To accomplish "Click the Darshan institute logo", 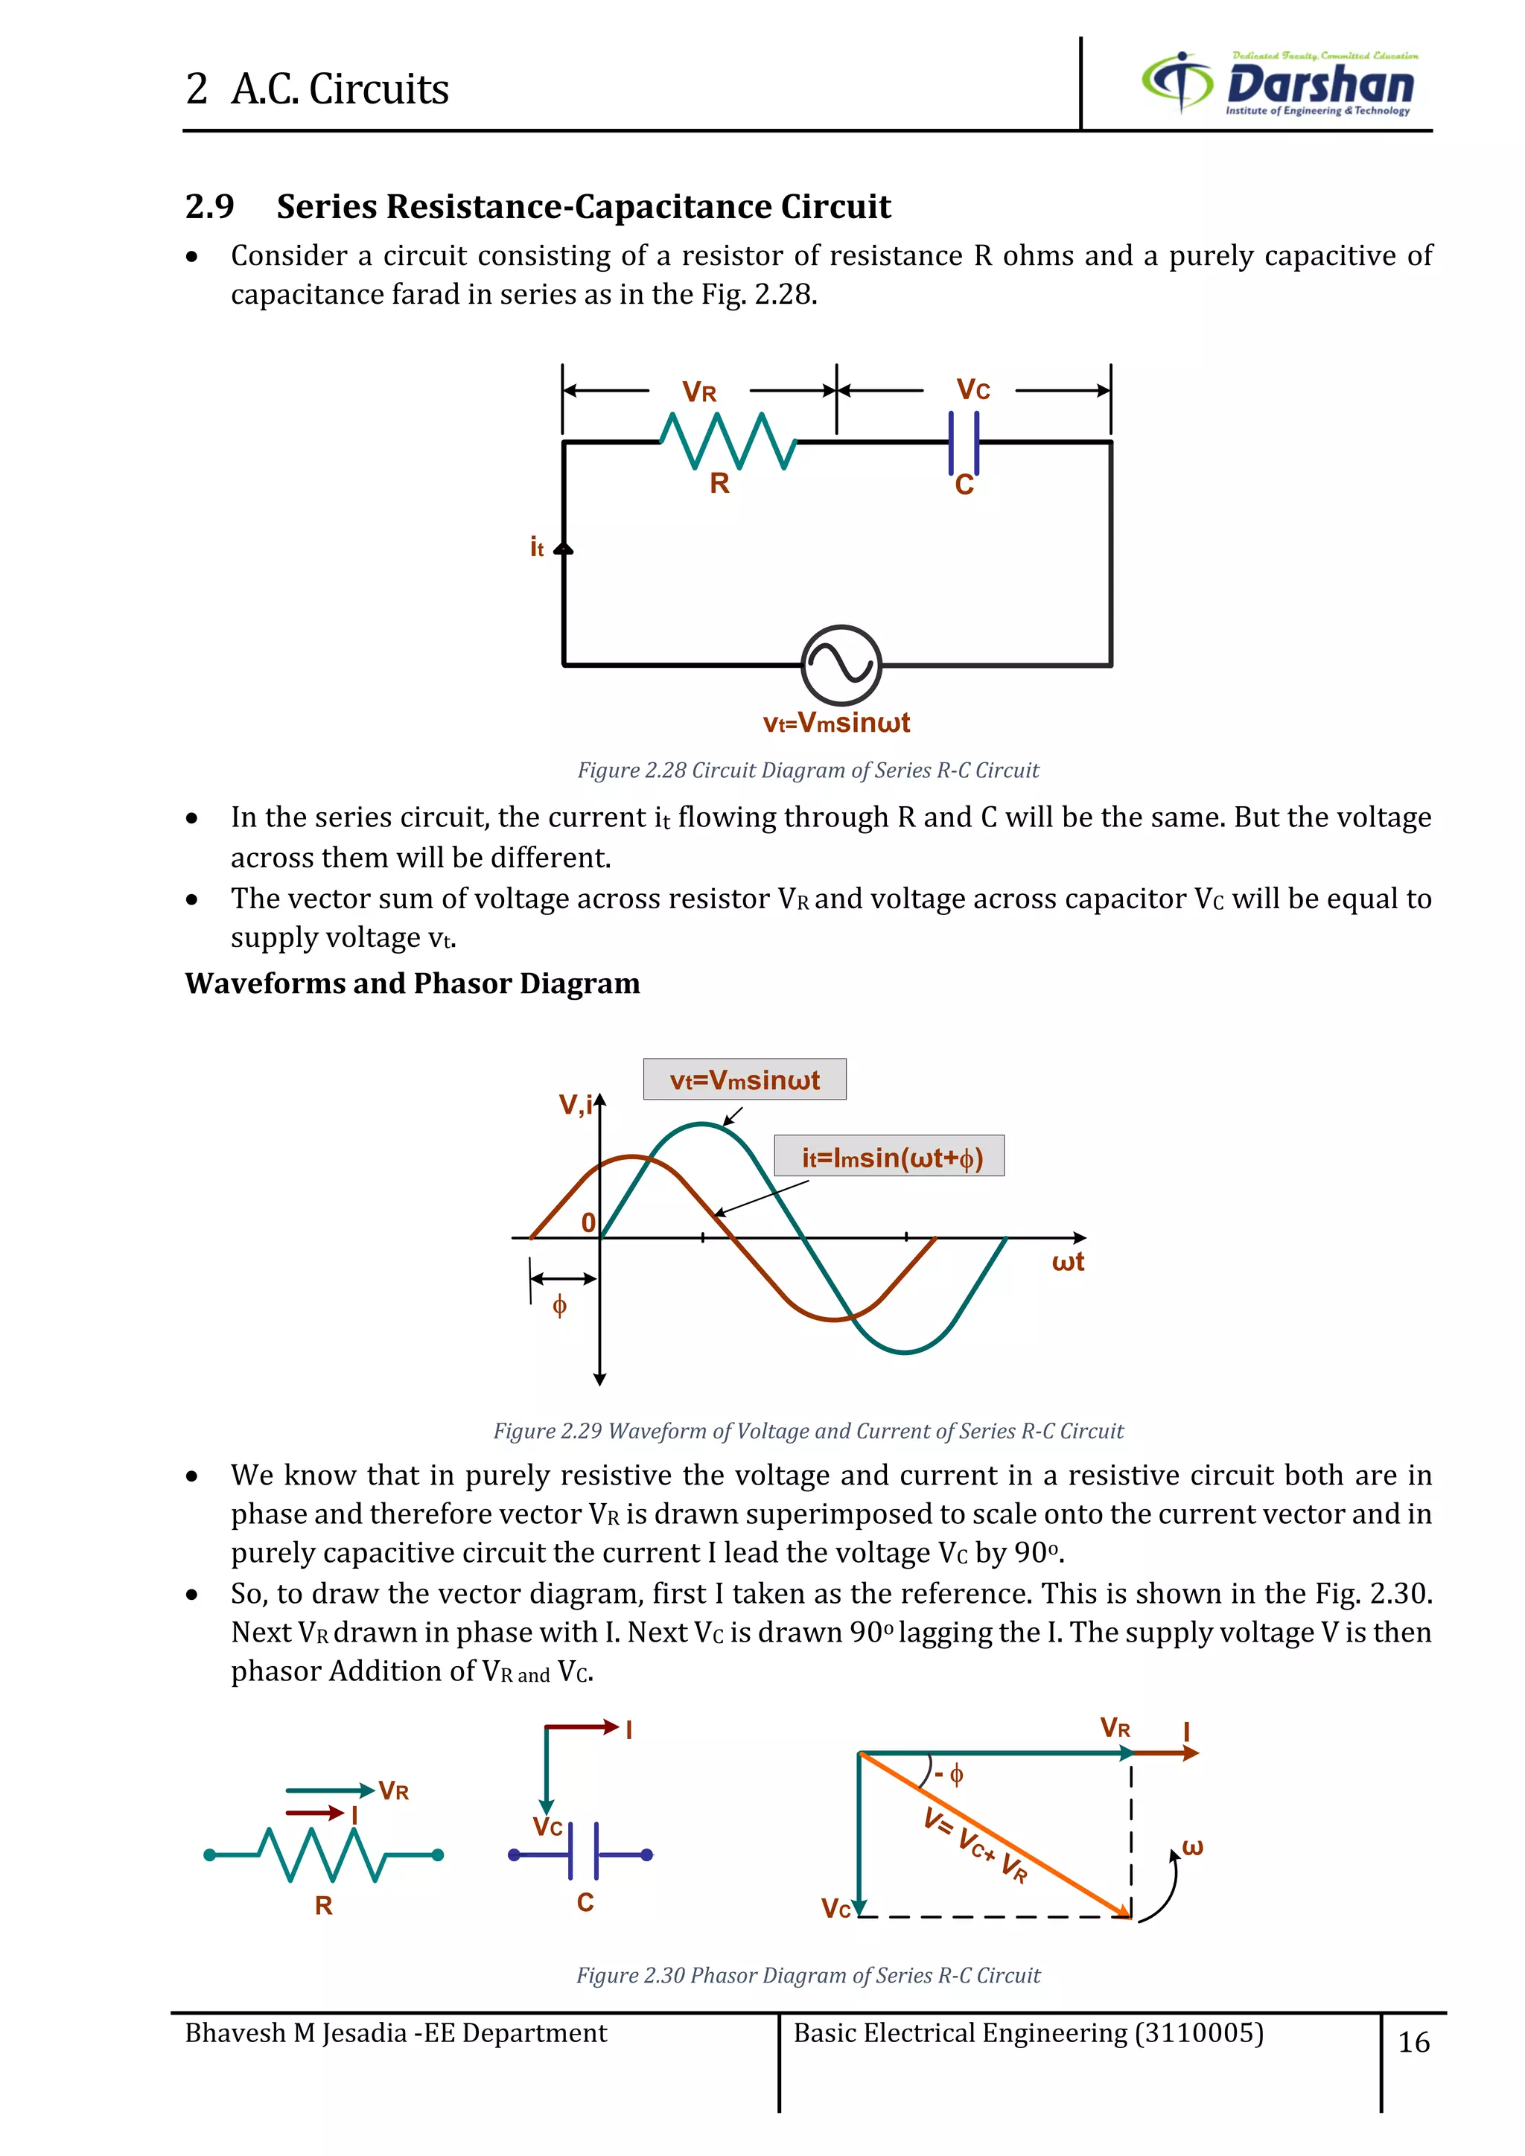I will pos(1279,83).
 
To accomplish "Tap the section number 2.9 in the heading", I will pos(209,206).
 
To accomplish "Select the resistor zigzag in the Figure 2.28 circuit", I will pos(728,441).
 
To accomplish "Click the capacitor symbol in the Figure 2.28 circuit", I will pos(964,442).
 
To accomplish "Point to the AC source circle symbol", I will pos(841,665).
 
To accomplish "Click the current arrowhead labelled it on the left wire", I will pos(564,549).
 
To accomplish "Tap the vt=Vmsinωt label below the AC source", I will pos(835,723).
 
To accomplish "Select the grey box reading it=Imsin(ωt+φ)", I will pos(889,1156).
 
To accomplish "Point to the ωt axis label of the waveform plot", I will pos(1068,1262).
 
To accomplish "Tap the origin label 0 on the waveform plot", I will pos(588,1222).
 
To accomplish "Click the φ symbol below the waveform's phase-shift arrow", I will pos(560,1305).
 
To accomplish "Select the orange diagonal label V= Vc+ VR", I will pos(977,1846).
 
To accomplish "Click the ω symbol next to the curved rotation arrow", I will pos(1193,1847).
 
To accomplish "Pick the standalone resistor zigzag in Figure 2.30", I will pos(323,1854).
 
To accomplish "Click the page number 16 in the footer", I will pos(1413,2041).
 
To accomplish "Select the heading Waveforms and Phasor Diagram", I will pos(413,983).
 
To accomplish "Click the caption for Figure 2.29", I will pos(809,1430).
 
